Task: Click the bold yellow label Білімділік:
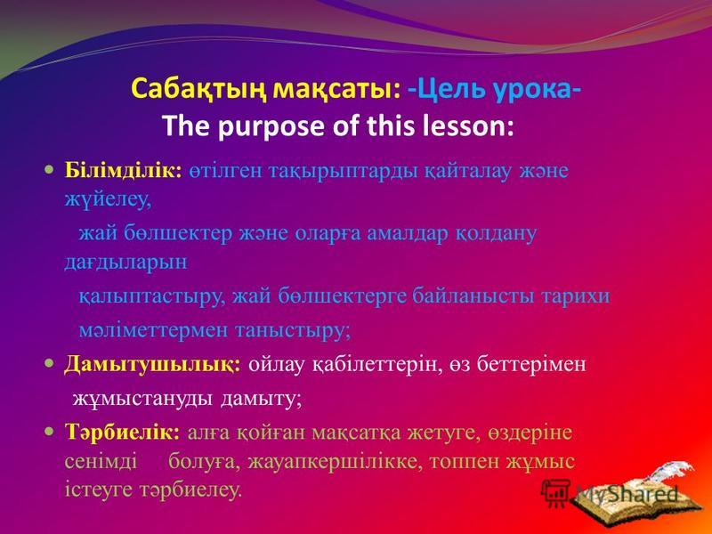[x=124, y=171]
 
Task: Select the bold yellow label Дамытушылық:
[x=152, y=364]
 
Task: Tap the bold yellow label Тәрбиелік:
[x=123, y=432]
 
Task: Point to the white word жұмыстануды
[x=142, y=400]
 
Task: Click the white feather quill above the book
[x=676, y=472]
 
